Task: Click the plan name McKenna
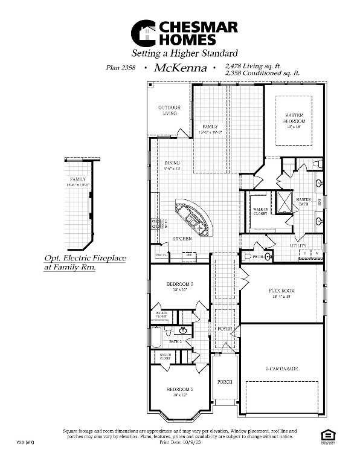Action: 180,68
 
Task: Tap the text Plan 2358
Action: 121,69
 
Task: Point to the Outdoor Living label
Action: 170,110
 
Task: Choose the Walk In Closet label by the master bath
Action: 260,211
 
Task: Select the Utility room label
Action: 298,246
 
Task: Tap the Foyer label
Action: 225,329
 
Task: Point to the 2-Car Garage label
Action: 281,369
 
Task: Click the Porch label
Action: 225,382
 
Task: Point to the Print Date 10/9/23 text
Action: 180,442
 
